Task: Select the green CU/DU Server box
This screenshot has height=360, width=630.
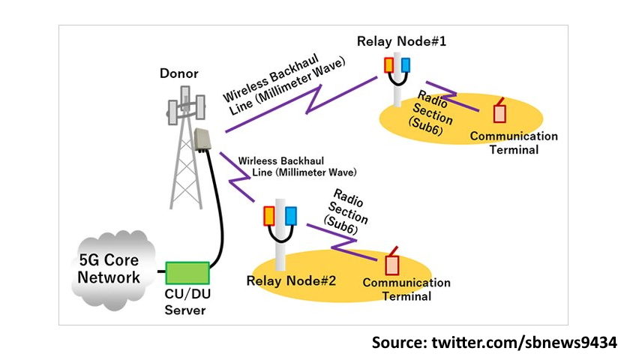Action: coord(187,272)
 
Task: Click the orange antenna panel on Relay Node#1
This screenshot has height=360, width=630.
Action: coord(388,65)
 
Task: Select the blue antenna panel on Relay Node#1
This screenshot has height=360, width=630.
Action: coord(406,65)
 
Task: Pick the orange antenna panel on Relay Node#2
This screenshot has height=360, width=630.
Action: coord(269,216)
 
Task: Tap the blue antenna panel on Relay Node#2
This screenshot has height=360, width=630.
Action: coord(289,216)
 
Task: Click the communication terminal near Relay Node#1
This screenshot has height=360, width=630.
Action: coord(499,112)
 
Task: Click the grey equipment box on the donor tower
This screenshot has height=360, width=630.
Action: coord(202,139)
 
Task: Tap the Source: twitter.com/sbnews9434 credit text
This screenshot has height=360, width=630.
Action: coord(494,343)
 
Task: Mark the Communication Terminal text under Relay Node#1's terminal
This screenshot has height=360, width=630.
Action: coord(514,142)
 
